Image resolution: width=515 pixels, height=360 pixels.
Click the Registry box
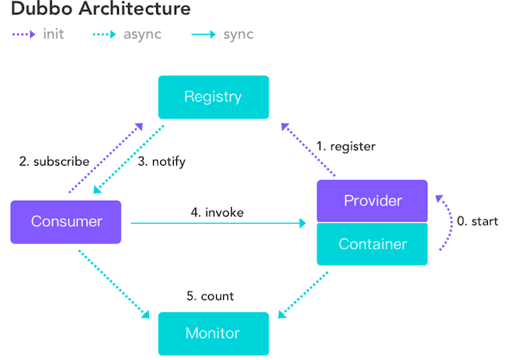pos(214,97)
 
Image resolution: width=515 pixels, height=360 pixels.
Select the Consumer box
pos(65,222)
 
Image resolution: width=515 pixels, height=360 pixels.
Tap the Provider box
pos(372,201)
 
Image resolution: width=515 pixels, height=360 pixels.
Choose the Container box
pos(372,245)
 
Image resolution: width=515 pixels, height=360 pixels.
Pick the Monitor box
pos(214,334)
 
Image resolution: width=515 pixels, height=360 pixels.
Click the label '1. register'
pos(345,147)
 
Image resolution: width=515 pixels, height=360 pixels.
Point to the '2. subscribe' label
pos(54,162)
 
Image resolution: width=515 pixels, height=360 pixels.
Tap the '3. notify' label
pos(162,162)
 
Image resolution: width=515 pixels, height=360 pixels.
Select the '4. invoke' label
pos(217,213)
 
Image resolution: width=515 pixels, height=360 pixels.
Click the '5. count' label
pos(210,296)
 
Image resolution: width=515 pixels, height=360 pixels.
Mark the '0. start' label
pos(478,221)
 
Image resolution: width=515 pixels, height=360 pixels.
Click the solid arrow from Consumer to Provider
pos(218,223)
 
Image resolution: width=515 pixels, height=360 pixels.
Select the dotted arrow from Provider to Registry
pos(308,149)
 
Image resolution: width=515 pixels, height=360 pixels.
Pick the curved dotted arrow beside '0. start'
pos(450,222)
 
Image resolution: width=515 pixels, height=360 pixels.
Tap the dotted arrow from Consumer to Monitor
pos(114,284)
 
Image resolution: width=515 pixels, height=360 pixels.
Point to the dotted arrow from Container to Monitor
pos(303,295)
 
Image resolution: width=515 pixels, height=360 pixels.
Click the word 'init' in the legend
pos(53,34)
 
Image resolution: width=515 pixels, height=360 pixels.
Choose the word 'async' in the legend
pos(143,35)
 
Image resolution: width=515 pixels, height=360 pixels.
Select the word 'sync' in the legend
pos(238,35)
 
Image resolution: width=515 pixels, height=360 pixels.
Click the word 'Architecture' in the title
pos(135,8)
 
